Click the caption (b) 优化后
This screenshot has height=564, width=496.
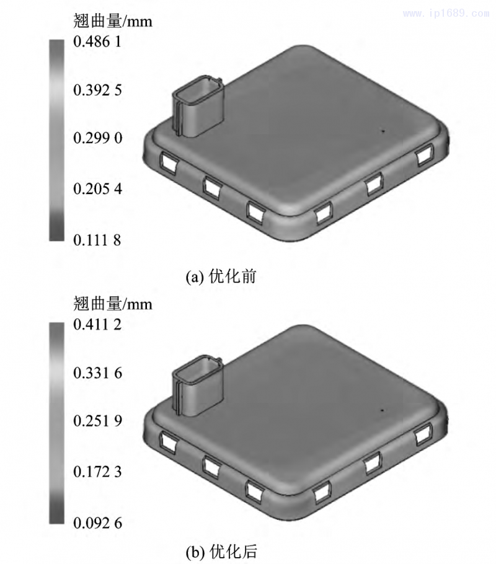click(x=221, y=550)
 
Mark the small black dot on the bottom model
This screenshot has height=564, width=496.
click(x=383, y=410)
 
